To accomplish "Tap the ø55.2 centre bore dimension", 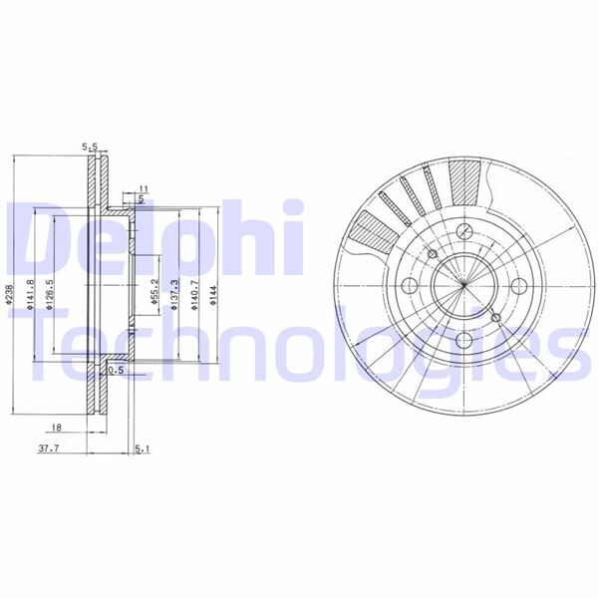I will pyautogui.click(x=155, y=290).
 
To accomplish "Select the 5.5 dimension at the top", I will pyautogui.click(x=91, y=147).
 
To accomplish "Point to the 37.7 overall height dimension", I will pyautogui.click(x=48, y=448).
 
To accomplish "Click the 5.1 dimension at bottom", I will pyautogui.click(x=142, y=449).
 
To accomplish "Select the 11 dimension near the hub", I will pyautogui.click(x=144, y=188).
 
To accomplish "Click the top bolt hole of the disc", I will pyautogui.click(x=464, y=233).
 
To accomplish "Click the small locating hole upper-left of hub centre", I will pyautogui.click(x=432, y=254).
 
